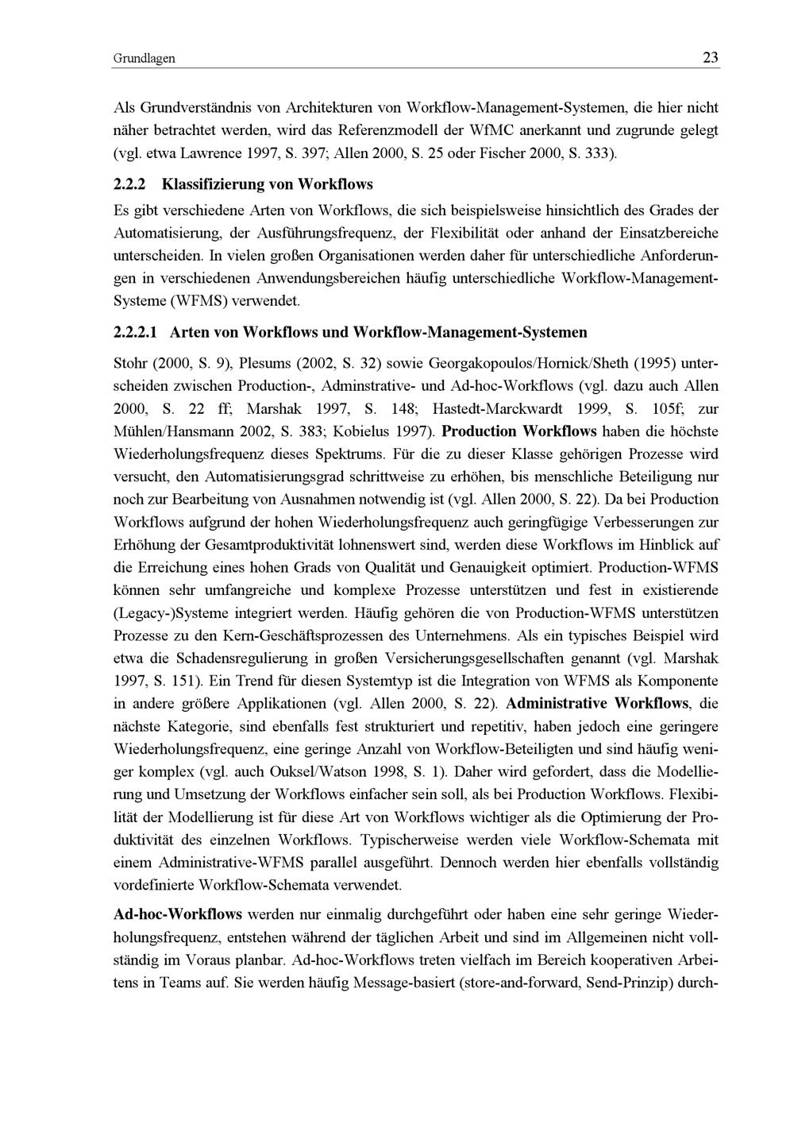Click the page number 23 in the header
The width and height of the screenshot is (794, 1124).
pos(710,58)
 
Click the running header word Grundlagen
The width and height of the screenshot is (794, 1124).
pos(144,59)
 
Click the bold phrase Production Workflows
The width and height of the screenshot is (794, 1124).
pos(519,432)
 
